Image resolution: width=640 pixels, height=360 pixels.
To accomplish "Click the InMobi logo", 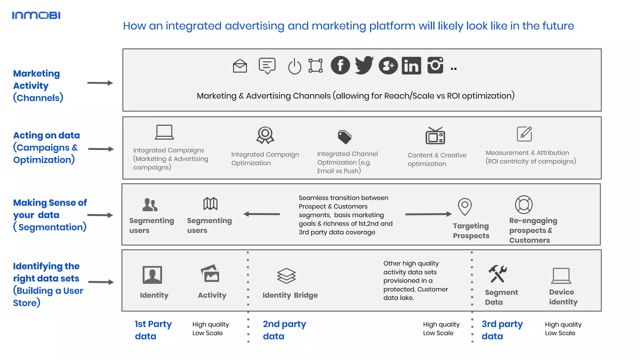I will pyautogui.click(x=36, y=15).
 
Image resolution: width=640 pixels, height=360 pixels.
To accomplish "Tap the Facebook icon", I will pyautogui.click(x=340, y=65).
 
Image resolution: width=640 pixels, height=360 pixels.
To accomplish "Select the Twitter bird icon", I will pyautogui.click(x=364, y=65).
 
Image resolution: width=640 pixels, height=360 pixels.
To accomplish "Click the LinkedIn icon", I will pyautogui.click(x=411, y=66).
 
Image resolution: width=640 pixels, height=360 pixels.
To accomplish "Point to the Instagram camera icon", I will pyautogui.click(x=435, y=65).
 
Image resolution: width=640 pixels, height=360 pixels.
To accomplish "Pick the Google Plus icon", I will pyautogui.click(x=388, y=66).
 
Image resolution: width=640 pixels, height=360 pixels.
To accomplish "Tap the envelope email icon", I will pyautogui.click(x=240, y=66).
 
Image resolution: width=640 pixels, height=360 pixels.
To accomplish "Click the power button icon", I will pyautogui.click(x=294, y=66).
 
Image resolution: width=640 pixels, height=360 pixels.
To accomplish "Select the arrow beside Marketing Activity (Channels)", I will pyautogui.click(x=100, y=83).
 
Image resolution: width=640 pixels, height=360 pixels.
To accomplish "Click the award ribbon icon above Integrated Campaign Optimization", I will pyautogui.click(x=265, y=135).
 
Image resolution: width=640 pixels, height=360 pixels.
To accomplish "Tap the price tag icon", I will pyautogui.click(x=345, y=137).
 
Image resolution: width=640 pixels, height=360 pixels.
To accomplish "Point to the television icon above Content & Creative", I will pyautogui.click(x=435, y=136).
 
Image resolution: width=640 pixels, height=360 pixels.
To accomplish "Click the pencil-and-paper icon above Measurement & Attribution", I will pyautogui.click(x=524, y=134).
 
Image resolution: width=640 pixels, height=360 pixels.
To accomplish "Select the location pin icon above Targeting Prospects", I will pyautogui.click(x=465, y=206).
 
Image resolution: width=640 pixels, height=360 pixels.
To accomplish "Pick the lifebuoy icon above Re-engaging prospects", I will pyautogui.click(x=524, y=205).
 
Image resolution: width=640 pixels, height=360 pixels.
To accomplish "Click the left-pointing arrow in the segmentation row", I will pyautogui.click(x=262, y=214).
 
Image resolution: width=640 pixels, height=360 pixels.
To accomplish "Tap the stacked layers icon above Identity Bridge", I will pyautogui.click(x=286, y=276).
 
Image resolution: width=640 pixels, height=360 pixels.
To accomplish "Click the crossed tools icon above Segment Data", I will pyautogui.click(x=497, y=274).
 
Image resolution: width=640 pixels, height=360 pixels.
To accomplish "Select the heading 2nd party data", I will pyautogui.click(x=284, y=330).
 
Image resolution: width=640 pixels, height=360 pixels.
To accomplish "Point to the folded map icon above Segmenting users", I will pyautogui.click(x=210, y=204).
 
